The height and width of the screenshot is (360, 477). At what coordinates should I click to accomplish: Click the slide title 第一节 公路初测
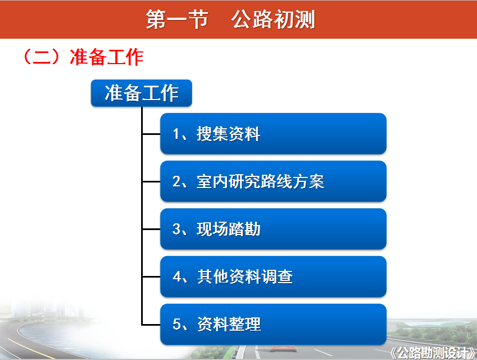coord(230,19)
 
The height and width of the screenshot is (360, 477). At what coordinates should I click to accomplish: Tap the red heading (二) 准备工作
coord(83,57)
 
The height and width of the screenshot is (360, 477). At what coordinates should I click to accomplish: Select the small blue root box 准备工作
coord(142,93)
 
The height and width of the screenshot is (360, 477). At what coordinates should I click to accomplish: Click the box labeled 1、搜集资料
coord(273,134)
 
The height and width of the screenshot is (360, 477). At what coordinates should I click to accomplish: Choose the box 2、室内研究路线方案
coord(273,181)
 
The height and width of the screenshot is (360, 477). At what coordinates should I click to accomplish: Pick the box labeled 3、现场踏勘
coord(273,229)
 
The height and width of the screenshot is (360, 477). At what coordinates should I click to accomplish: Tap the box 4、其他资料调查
coord(273,276)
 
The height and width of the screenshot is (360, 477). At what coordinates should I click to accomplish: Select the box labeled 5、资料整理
coord(273,325)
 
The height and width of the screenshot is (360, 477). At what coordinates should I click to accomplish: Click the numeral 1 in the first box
coord(176,134)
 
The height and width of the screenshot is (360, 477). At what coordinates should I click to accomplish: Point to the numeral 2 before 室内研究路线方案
coord(177,181)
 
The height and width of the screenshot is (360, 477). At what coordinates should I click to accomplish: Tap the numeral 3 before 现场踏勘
coord(177,229)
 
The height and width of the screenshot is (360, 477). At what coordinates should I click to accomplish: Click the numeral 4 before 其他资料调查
coord(177,276)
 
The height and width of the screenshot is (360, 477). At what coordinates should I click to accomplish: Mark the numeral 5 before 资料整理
coord(177,324)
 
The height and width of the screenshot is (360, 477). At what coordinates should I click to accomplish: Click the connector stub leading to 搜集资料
coord(151,134)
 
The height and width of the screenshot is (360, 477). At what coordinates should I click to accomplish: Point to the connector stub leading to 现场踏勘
coord(151,229)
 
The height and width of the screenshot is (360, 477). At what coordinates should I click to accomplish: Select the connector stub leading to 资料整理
coord(151,325)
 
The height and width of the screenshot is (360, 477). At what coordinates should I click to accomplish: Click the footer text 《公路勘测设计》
coord(433,353)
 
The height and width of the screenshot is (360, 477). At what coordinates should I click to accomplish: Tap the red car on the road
coord(283,348)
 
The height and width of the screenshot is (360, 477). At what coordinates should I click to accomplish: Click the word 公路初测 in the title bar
coord(273,19)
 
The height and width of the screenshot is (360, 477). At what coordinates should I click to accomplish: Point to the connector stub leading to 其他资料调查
coord(151,276)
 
